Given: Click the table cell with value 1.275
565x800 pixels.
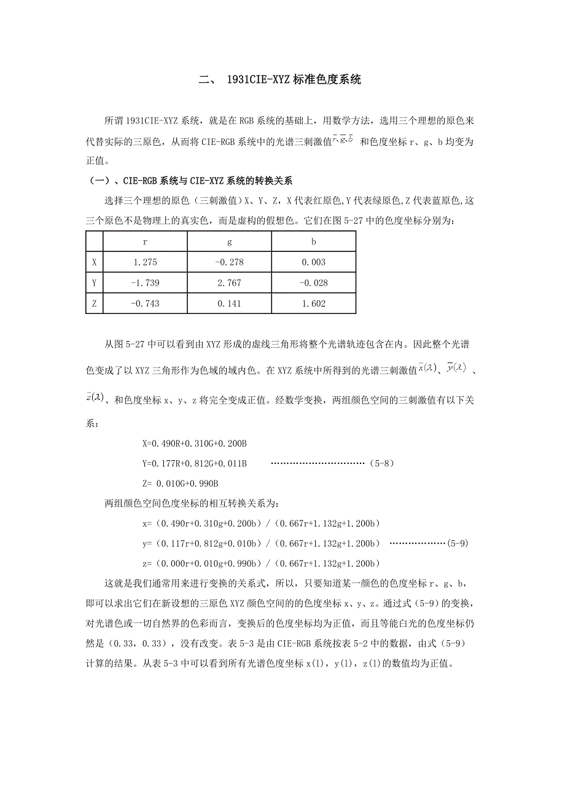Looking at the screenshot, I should (145, 262).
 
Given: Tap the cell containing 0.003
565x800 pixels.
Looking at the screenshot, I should (314, 262).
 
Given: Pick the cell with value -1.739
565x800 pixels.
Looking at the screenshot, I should (145, 283).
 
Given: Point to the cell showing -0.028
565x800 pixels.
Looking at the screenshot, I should (314, 283).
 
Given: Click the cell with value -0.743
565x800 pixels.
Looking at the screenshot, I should (145, 304).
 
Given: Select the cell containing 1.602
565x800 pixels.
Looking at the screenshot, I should (314, 304).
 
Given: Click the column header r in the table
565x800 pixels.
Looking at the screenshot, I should (145, 241).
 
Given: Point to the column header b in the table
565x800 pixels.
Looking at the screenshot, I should (314, 241).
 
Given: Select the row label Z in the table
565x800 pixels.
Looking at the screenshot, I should (94, 304).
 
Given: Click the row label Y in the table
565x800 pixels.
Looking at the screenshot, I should (94, 283).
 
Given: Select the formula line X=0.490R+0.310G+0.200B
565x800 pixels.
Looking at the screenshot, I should (194, 444).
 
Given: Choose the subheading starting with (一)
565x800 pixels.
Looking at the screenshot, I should (192, 181).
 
